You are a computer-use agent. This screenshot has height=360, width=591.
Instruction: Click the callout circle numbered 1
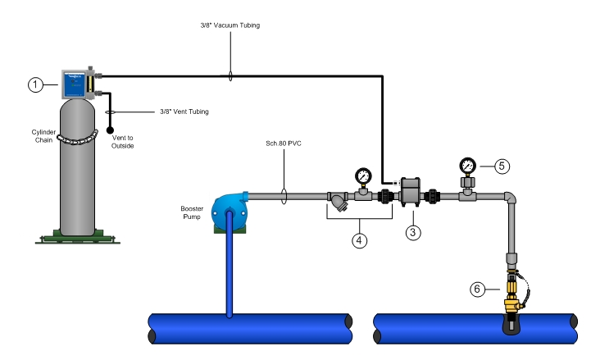point(34,84)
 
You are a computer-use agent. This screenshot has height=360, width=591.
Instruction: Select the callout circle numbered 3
point(414,233)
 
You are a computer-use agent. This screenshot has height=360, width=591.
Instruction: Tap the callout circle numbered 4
point(359,241)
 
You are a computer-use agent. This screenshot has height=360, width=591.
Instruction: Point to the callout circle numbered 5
point(502,165)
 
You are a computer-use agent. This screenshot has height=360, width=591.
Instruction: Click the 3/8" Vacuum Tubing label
point(229,25)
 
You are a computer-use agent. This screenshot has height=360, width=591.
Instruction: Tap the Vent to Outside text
point(124,142)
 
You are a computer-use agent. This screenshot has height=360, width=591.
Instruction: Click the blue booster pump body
point(230,206)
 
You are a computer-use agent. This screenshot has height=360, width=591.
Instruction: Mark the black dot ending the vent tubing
point(110,130)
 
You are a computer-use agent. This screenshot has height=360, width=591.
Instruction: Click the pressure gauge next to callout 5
point(468,166)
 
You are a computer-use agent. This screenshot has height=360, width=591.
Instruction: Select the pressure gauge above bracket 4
point(361,175)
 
